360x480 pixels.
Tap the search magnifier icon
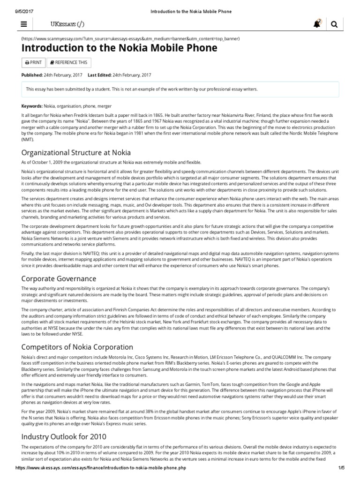tap(334, 25)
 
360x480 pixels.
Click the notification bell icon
tap(317, 24)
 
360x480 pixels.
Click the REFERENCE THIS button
tap(68, 62)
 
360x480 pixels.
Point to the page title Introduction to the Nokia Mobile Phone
tap(120, 48)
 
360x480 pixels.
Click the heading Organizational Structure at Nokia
tap(76, 152)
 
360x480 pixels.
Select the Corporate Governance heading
tap(59, 278)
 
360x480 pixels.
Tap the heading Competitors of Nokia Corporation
tap(77, 347)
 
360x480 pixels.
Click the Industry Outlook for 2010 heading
tap(64, 436)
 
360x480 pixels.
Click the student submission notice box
tap(180, 89)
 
